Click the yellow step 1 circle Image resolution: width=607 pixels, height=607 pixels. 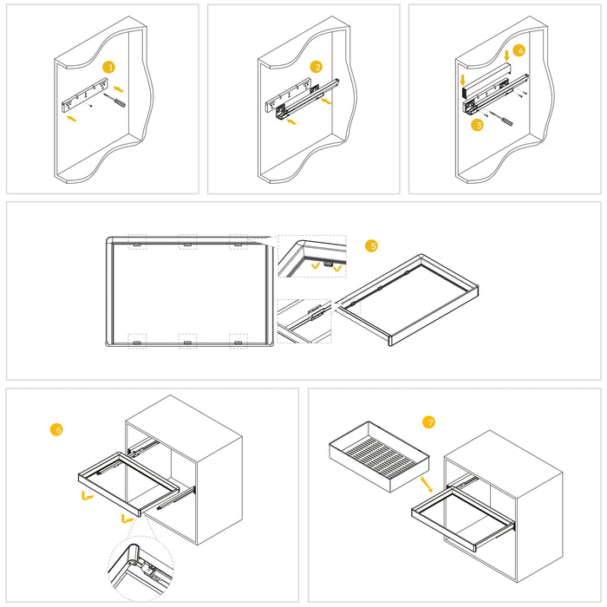pyautogui.click(x=108, y=67)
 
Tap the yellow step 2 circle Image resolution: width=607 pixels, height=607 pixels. pyautogui.click(x=317, y=67)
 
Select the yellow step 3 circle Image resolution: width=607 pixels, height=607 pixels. pyautogui.click(x=477, y=126)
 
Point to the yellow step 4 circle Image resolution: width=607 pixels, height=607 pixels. pyautogui.click(x=519, y=50)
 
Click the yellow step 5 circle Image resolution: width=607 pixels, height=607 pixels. pyautogui.click(x=371, y=246)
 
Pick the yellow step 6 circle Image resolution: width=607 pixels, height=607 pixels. pyautogui.click(x=57, y=429)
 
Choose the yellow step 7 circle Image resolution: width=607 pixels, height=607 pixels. pyautogui.click(x=428, y=422)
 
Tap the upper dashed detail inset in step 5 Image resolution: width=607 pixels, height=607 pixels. pyautogui.click(x=311, y=258)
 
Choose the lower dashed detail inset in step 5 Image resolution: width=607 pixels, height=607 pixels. pyautogui.click(x=304, y=320)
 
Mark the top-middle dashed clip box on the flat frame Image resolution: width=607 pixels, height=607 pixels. pyautogui.click(x=186, y=242)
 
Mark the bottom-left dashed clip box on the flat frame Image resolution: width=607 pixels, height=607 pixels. pyautogui.click(x=137, y=340)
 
